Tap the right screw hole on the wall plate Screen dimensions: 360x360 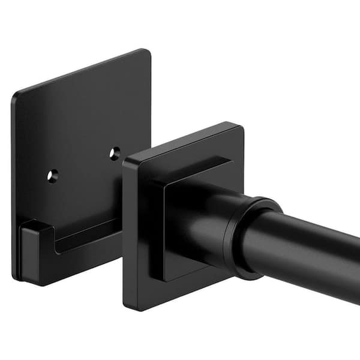click(115, 154)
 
